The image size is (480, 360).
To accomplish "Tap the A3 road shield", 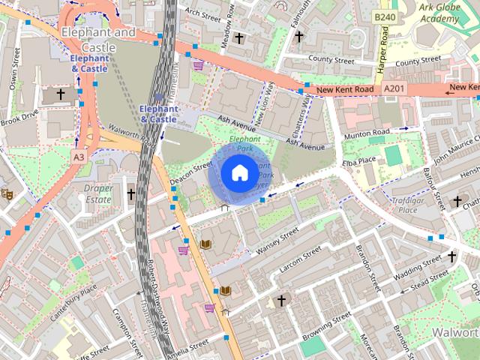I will [79, 156].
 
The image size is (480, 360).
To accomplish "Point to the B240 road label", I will [384, 16].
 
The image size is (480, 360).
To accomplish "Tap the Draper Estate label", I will [98, 193].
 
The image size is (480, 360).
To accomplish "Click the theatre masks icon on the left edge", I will [7, 193].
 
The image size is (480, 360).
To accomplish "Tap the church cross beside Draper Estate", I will [130, 194].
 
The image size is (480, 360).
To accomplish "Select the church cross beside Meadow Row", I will [239, 37].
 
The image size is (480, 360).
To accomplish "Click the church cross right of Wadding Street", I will [451, 257].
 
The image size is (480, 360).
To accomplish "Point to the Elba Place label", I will [357, 160].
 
